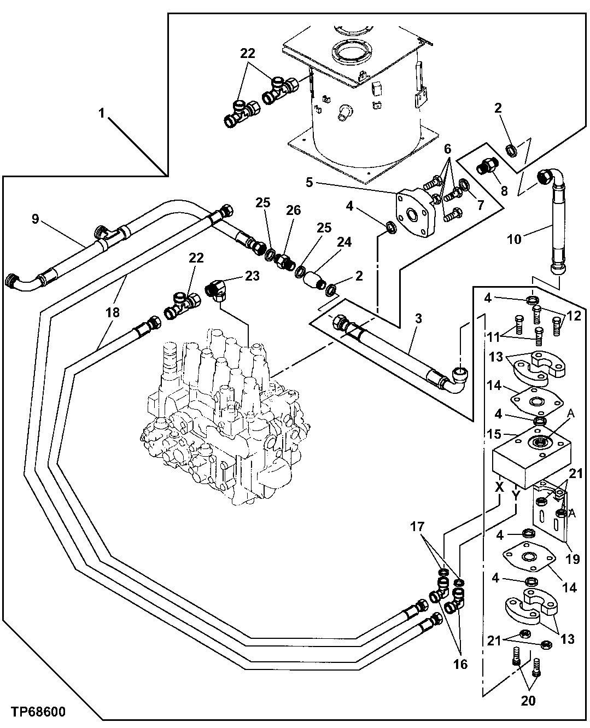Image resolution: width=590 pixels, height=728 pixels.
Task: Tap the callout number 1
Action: pos(101,114)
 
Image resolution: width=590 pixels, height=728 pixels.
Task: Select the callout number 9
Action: pos(35,219)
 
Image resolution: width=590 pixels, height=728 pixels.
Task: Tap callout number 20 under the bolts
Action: pos(528,700)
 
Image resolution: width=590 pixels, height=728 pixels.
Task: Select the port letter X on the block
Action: pos(499,485)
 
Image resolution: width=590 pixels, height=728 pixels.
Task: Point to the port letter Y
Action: pos(515,494)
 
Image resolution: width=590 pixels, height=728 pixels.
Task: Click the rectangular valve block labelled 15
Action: pos(530,459)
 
